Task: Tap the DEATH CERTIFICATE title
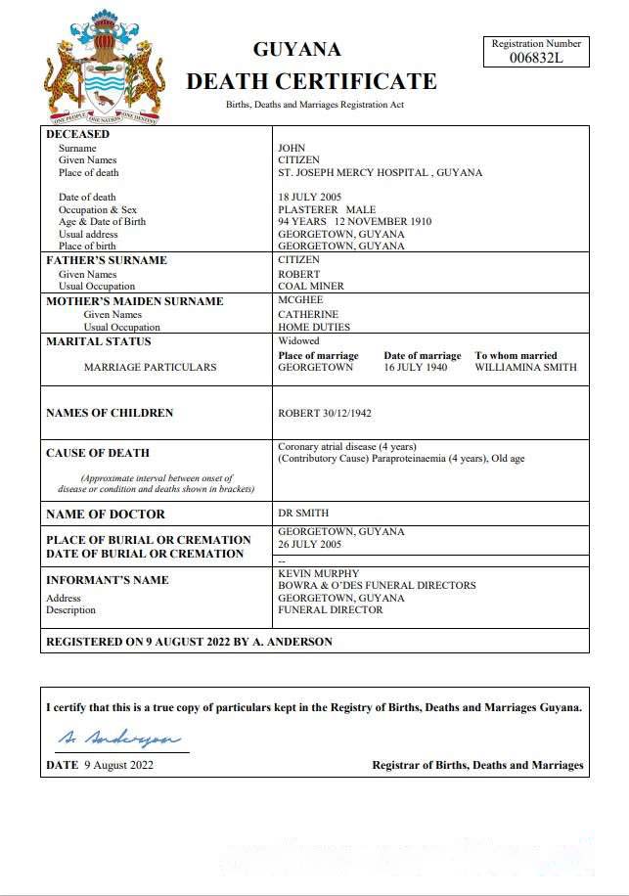point(311,81)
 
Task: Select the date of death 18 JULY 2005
point(309,198)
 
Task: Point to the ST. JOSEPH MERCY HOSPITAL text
point(353,173)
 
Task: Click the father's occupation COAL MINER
point(311,287)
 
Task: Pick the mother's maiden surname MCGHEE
point(300,300)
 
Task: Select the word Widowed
point(298,341)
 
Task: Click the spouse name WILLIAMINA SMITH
point(525,368)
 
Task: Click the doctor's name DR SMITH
point(303,514)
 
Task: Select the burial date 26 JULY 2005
point(309,544)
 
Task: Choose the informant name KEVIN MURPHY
point(318,573)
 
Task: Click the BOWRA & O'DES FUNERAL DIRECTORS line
point(377,586)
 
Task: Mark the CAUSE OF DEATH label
point(98,453)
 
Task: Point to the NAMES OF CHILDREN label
point(110,413)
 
